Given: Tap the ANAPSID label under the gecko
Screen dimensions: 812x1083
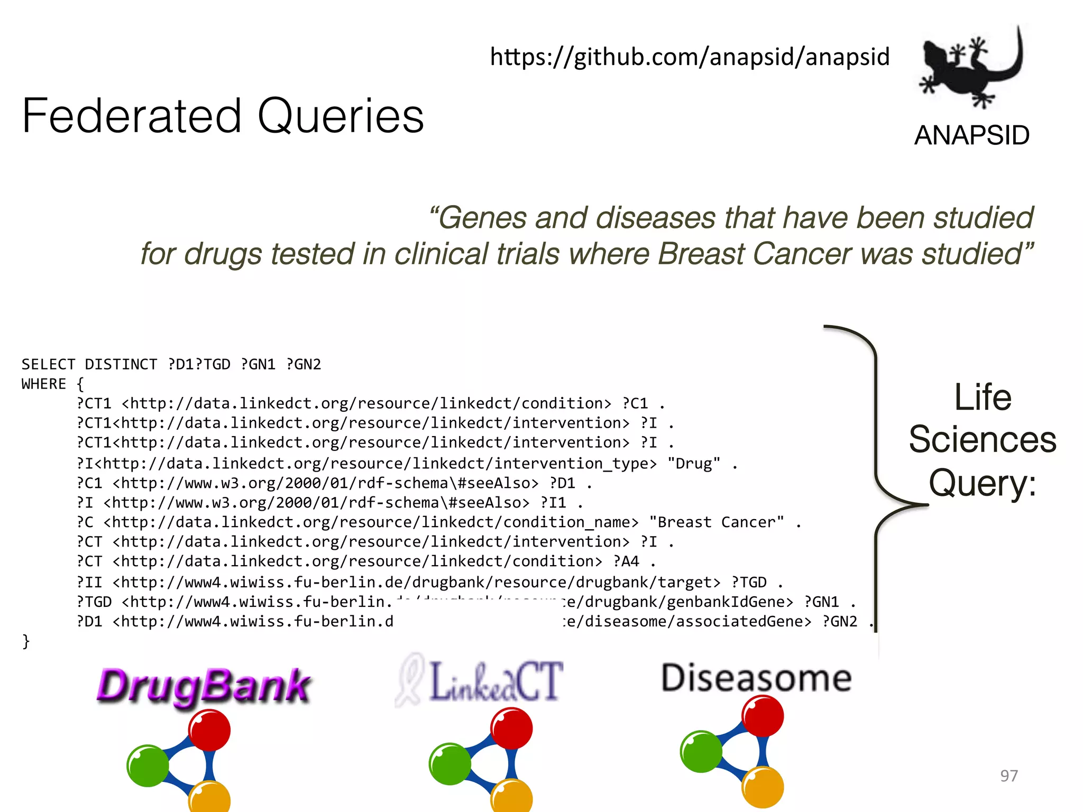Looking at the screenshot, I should point(972,135).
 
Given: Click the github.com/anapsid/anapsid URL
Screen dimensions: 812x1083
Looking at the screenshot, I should point(690,57).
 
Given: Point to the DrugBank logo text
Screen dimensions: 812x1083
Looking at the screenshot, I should point(204,686).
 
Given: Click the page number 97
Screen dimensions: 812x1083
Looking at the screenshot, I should point(1008,776).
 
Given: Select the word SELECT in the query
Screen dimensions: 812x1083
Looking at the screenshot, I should point(48,364).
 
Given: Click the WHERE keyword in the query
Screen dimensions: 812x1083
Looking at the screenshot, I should point(44,384).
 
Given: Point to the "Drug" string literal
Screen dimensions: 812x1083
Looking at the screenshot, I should point(694,464).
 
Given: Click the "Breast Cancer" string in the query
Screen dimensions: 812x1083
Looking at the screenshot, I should point(717,522).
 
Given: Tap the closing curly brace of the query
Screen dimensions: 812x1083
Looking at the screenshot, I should point(26,641).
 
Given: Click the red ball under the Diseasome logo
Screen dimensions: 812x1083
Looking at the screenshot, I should point(762,716).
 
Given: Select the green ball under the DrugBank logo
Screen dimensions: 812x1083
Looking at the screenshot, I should point(148,765).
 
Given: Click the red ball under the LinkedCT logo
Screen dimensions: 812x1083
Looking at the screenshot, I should point(511,728).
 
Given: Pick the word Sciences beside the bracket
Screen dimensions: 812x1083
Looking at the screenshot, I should point(983,440).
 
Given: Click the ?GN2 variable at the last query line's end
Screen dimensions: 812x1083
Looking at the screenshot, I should point(840,622).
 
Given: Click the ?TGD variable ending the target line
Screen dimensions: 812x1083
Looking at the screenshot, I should point(749,583).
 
